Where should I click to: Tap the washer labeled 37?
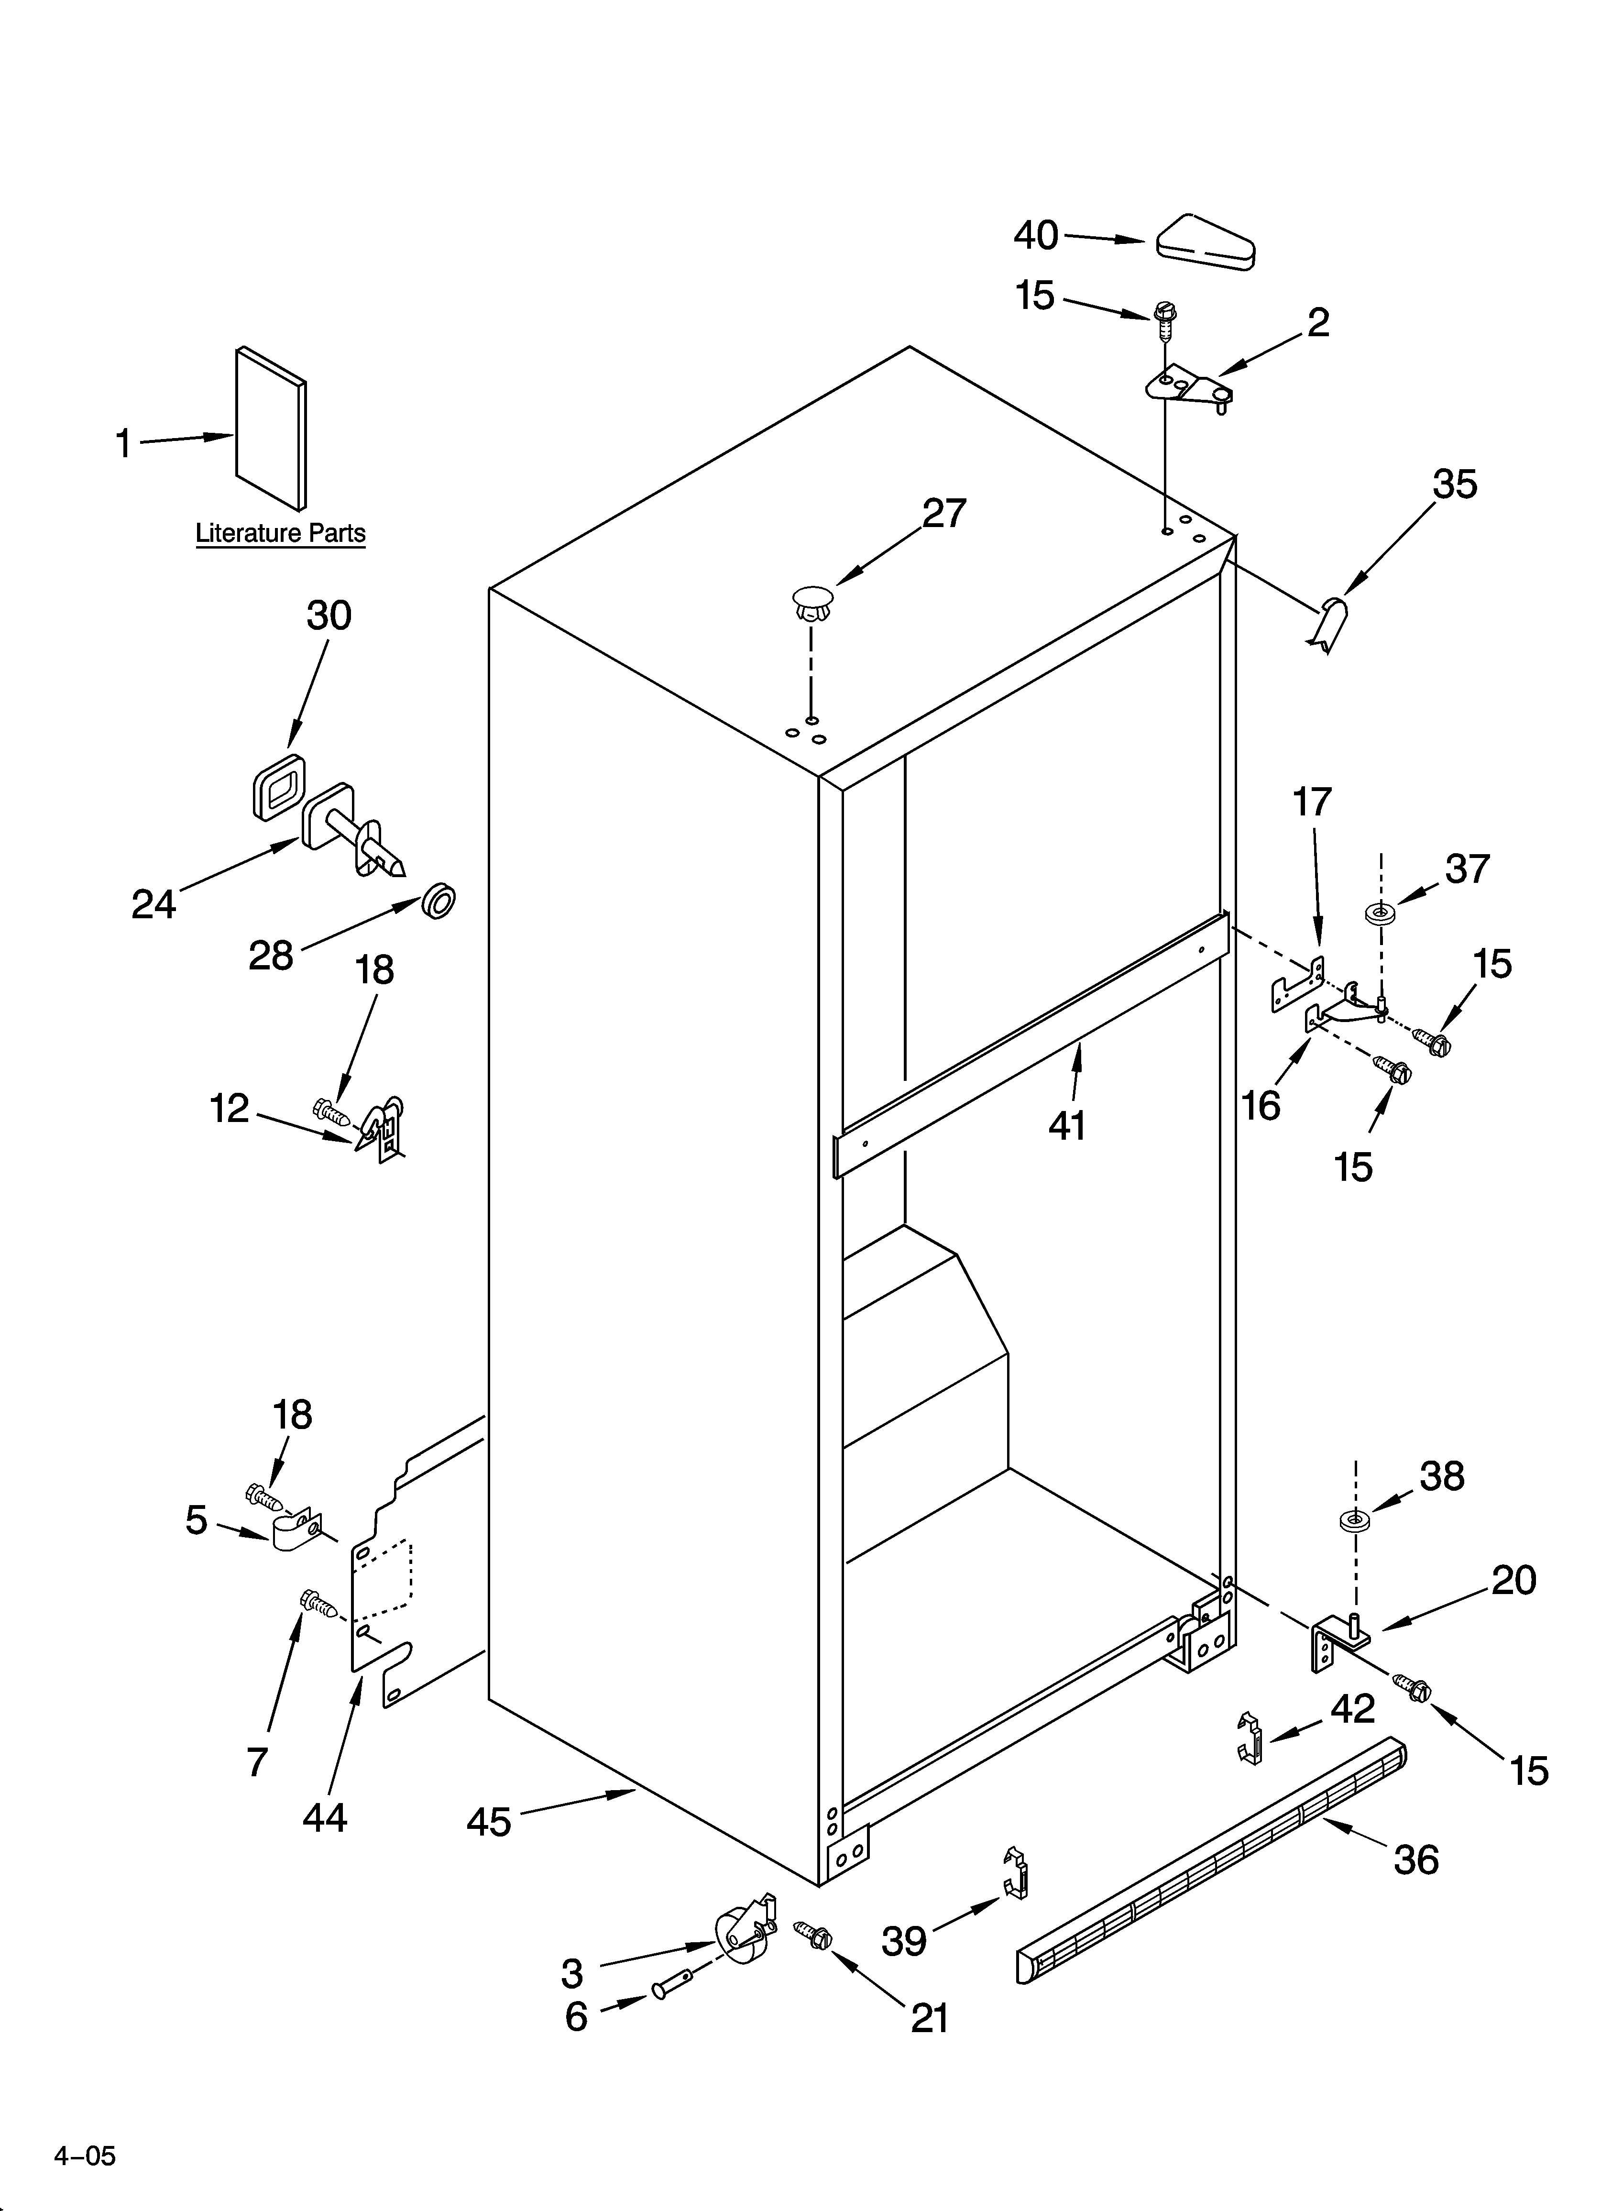(1379, 913)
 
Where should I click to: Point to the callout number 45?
(489, 1820)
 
